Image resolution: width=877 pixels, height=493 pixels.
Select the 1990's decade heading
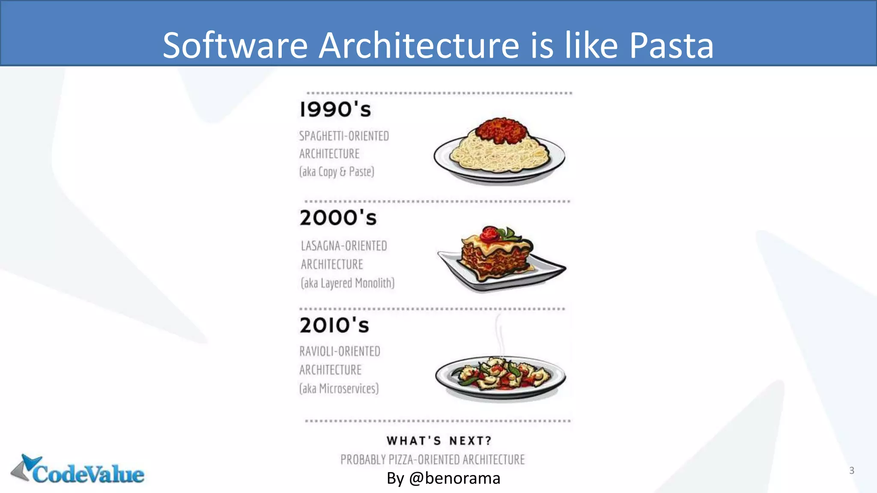(x=335, y=110)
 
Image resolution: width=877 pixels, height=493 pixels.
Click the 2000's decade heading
(x=338, y=218)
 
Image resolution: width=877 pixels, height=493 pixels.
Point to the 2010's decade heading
(x=334, y=325)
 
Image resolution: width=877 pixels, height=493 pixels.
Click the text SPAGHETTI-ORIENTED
(x=344, y=136)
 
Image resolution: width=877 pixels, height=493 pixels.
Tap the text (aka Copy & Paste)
(x=337, y=172)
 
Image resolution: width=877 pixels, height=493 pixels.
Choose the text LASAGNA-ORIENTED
(x=344, y=246)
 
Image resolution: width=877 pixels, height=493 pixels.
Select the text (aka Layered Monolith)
(x=347, y=283)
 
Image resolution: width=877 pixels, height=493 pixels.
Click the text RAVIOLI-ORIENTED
(x=340, y=351)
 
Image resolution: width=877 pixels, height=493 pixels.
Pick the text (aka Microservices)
(x=339, y=389)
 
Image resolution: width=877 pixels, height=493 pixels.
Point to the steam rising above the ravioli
(x=499, y=334)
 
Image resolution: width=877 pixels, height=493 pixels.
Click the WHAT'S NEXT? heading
(x=439, y=441)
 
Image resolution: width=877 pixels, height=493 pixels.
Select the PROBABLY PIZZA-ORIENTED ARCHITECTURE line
(x=433, y=460)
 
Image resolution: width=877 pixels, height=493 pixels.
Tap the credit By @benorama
(x=443, y=478)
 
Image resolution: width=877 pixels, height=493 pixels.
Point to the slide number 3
(x=852, y=470)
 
